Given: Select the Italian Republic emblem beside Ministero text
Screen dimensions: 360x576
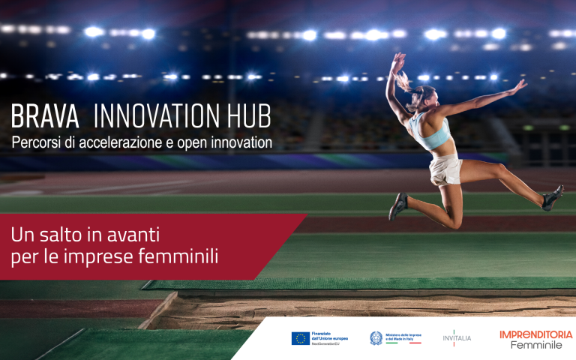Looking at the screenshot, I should [x=376, y=338].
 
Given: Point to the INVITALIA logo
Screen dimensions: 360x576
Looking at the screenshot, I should [x=457, y=338].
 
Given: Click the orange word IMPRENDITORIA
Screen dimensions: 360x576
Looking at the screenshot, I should [x=535, y=334].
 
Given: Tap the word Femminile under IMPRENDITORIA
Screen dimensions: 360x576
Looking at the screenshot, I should [x=535, y=345].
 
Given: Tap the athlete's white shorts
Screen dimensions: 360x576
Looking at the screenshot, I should [x=445, y=169].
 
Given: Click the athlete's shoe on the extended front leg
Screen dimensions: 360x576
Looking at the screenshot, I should [x=553, y=197].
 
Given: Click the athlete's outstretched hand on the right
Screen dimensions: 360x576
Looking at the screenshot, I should [x=517, y=85].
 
